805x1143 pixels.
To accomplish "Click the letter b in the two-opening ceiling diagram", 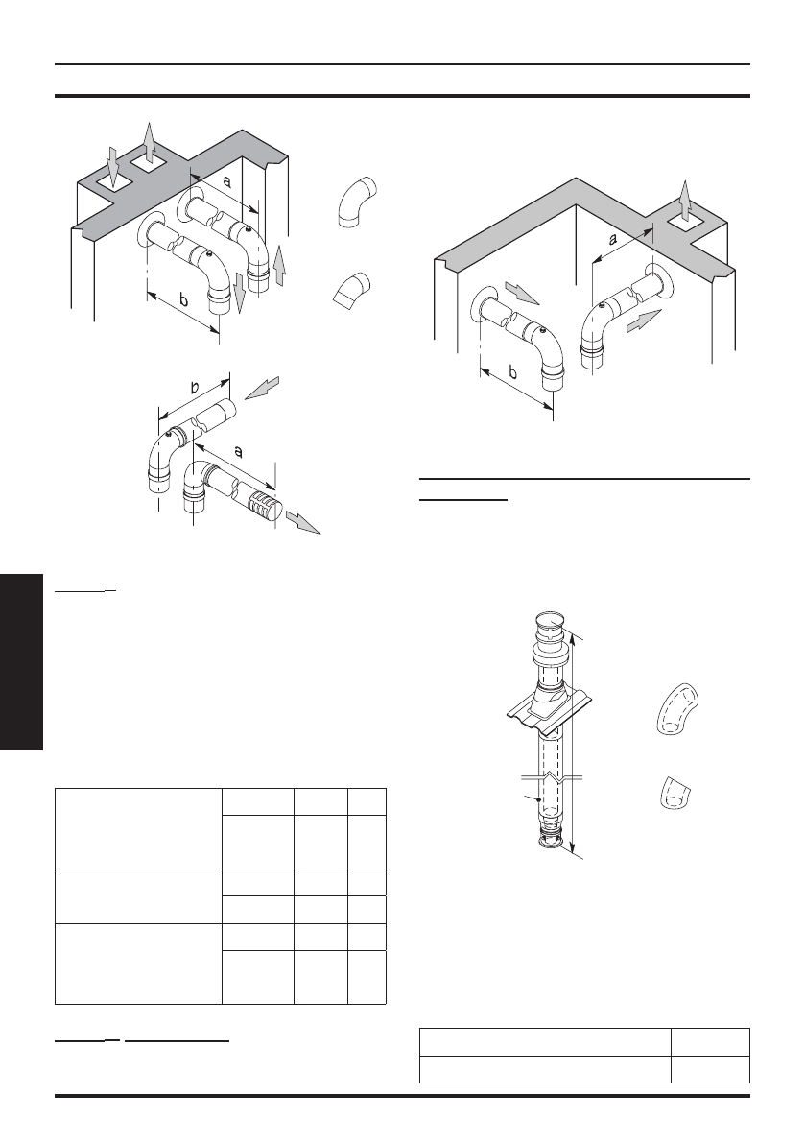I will pyautogui.click(x=184, y=300).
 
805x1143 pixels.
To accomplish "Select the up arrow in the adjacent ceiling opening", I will pyautogui.click(x=148, y=144).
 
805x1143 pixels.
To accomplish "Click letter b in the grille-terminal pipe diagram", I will pyautogui.click(x=195, y=389).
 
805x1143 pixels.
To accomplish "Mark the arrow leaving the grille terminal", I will pyautogui.click(x=305, y=524).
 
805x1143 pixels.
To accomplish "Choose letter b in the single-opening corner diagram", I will pyautogui.click(x=510, y=371).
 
